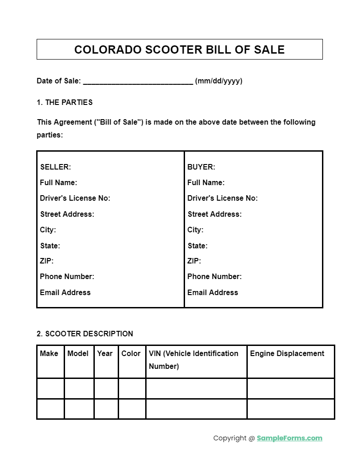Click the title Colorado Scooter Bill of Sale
180,49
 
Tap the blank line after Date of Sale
138,81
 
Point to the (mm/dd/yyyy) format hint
218,81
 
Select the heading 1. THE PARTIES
65,102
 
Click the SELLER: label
55,167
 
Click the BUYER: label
201,167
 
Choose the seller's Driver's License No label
75,198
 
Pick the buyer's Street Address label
214,214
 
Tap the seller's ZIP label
47,261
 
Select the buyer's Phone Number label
214,276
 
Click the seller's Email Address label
65,292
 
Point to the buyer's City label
195,230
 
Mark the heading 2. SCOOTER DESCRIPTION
85,334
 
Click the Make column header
49,353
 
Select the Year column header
105,353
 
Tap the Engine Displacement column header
287,353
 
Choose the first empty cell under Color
132,389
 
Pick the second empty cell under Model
79,409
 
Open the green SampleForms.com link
289,438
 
